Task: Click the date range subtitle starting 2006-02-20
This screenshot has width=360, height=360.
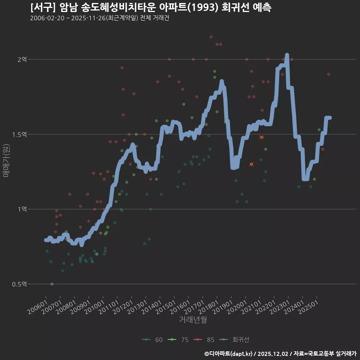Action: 99,18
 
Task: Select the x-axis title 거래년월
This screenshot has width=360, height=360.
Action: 193,320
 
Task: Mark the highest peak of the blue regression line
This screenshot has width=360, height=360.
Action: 287,55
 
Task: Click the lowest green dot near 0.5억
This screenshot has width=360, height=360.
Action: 52,284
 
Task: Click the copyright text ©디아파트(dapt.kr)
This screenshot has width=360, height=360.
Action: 229,354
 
